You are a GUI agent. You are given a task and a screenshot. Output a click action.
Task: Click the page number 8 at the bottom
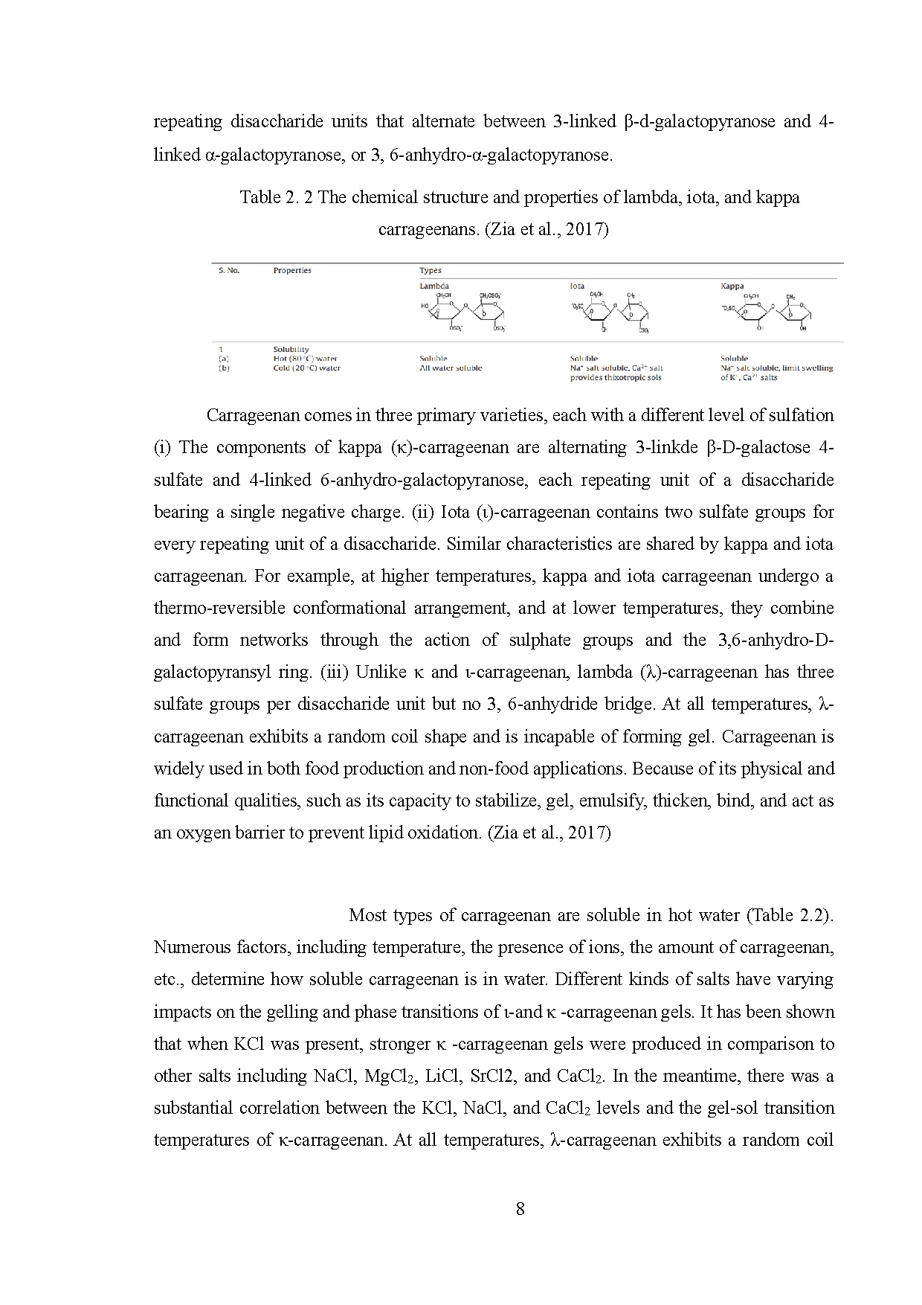point(520,1209)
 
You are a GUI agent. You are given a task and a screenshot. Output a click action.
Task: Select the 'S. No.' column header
point(229,271)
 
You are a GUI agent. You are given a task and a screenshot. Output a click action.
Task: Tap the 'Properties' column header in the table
point(292,271)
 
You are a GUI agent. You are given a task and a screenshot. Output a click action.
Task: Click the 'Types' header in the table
point(431,271)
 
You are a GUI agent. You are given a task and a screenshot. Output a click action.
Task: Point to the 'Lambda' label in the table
point(434,286)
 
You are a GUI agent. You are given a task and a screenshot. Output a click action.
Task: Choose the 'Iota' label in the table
point(577,286)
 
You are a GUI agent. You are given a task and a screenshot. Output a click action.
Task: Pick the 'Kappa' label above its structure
point(732,286)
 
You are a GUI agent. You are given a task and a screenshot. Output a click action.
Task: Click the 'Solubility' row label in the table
point(291,349)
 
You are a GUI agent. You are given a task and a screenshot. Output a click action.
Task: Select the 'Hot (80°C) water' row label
point(305,359)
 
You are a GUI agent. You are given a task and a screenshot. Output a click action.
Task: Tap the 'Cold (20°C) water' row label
point(306,368)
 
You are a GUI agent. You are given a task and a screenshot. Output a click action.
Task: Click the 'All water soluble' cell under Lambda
point(451,368)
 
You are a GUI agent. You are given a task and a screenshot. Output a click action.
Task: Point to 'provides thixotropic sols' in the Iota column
point(616,377)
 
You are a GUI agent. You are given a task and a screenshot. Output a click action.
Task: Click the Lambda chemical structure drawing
point(462,312)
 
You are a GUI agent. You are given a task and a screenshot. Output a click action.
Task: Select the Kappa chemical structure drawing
point(767,312)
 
